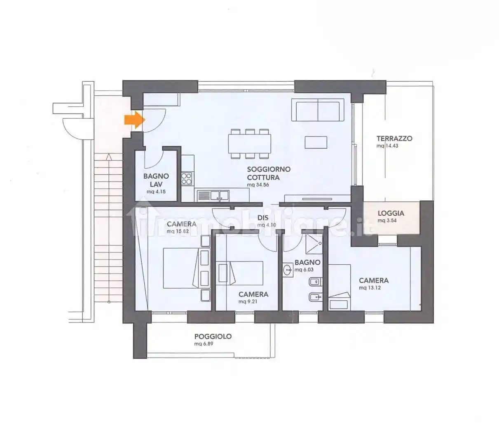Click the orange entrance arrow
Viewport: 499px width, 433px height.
[135, 120]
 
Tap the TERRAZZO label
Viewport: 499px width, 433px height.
[394, 139]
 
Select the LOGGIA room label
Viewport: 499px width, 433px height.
[391, 213]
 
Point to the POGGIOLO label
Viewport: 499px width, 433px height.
[213, 337]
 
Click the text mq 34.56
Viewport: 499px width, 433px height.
[258, 185]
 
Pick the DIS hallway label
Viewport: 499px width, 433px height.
[263, 218]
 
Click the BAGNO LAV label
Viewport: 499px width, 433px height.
[156, 180]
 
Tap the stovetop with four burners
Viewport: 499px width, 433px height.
[187, 179]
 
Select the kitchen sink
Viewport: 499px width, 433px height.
[213, 195]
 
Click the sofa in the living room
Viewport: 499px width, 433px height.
[318, 110]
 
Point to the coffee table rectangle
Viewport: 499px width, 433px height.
[316, 142]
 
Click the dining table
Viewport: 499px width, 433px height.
[250, 144]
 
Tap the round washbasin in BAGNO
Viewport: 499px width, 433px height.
[288, 270]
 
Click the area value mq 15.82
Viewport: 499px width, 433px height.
[178, 231]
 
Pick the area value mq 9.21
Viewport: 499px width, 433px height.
[248, 301]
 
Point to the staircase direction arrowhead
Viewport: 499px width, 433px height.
[109, 157]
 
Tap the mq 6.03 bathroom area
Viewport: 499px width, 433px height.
[304, 270]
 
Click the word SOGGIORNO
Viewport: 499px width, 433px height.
[269, 169]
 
